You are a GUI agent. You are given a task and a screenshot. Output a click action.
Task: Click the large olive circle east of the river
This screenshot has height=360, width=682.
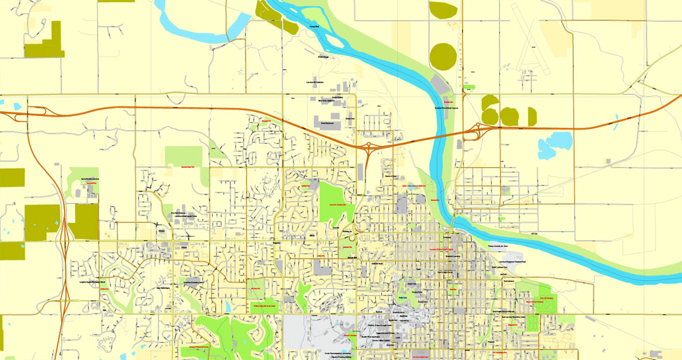[x=443, y=56]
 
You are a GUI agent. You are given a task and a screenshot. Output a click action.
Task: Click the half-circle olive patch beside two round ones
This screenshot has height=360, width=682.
[x=532, y=117]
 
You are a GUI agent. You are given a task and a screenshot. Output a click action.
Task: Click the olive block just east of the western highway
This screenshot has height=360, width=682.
[x=87, y=222]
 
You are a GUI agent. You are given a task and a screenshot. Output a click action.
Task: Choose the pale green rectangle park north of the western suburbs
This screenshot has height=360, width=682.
[x=184, y=156]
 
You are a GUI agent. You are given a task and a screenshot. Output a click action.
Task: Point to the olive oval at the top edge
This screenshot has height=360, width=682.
[x=443, y=10]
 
